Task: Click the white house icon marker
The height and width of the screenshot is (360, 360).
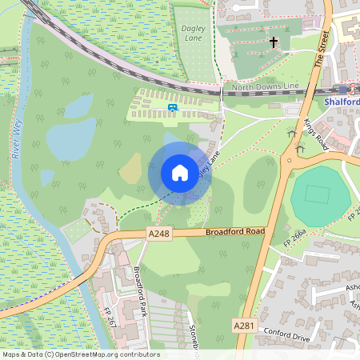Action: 180,173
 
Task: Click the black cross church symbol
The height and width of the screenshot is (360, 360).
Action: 274,42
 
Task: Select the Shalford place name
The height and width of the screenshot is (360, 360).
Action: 342,102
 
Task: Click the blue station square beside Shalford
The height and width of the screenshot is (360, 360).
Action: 343,90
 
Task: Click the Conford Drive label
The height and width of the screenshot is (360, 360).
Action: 285,337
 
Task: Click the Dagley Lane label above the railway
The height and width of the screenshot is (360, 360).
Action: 194,32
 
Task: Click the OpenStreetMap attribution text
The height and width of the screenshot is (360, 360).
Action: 80,354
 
